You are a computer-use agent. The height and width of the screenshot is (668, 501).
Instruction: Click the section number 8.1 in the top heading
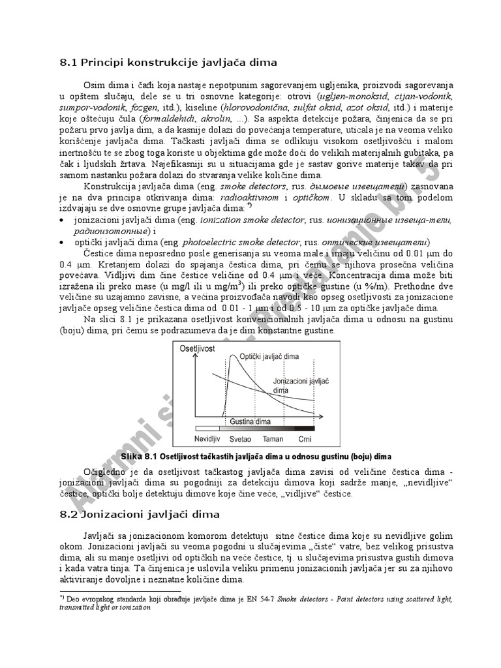[x=68, y=63]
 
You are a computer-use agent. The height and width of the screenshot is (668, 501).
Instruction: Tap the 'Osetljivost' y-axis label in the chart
[x=198, y=349]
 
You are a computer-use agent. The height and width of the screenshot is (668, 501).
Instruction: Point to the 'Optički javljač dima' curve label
[x=269, y=357]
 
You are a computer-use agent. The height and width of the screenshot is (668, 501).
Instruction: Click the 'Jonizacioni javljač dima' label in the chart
[x=292, y=386]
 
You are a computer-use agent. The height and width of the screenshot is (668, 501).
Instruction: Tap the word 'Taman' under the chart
[x=273, y=438]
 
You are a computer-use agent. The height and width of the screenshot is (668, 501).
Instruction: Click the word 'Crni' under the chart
[x=305, y=438]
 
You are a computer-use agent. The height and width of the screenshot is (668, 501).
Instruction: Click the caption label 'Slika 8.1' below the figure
[x=139, y=455]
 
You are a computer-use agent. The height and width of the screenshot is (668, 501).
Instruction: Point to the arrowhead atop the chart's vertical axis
[x=191, y=345]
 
